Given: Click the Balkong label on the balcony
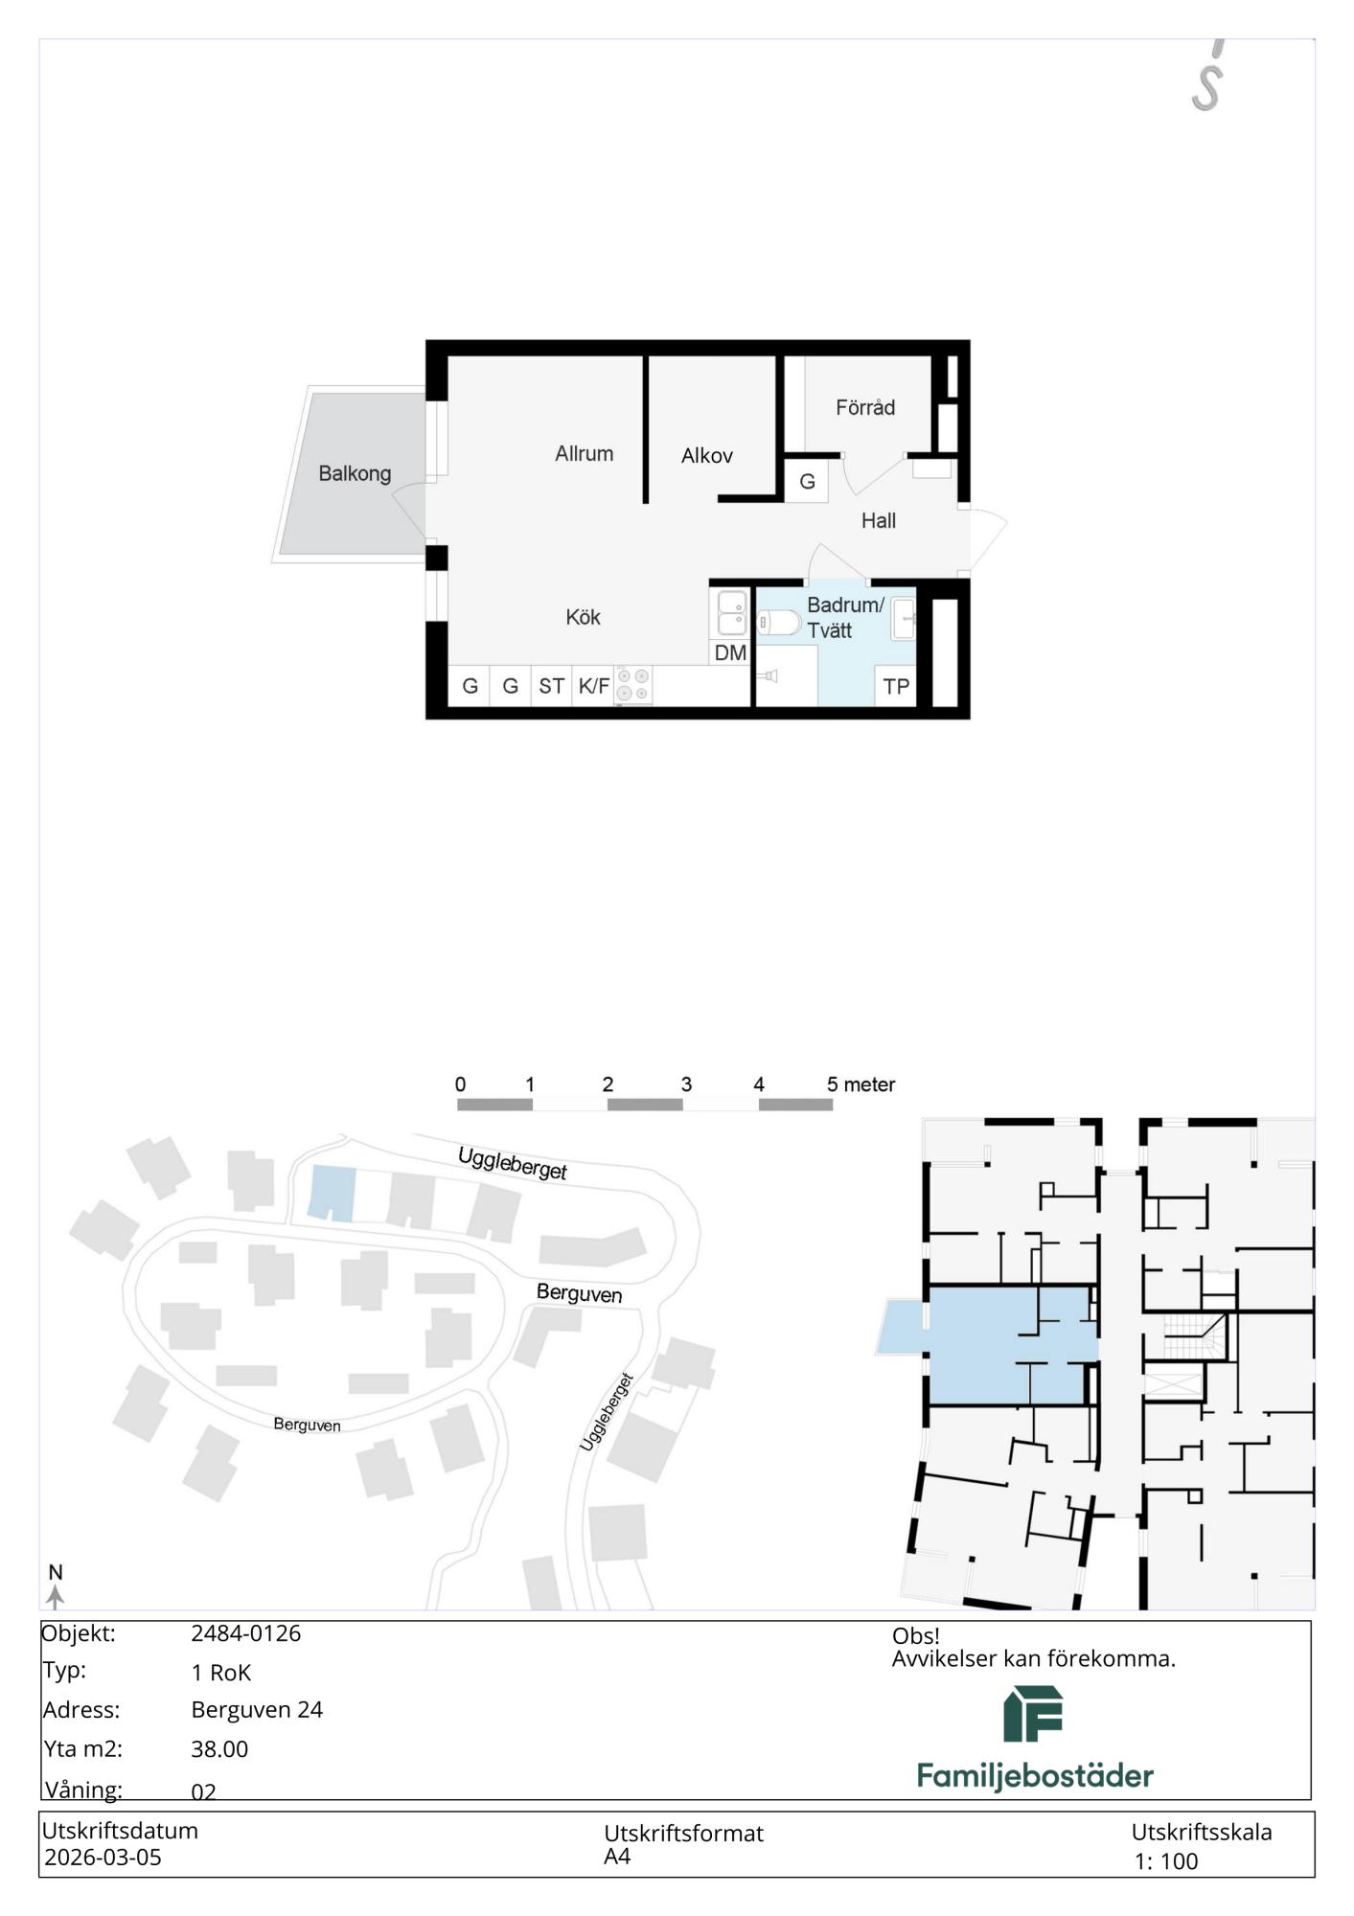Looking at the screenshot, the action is [x=355, y=473].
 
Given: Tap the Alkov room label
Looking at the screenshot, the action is [x=707, y=456].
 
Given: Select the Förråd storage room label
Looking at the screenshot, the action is [x=865, y=407].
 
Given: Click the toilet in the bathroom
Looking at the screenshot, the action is [x=779, y=624].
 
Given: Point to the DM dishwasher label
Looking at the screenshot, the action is [x=730, y=653].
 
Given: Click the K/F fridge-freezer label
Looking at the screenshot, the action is [x=594, y=686].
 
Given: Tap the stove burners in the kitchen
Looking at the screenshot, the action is [x=633, y=685].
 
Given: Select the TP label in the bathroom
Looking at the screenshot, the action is [x=897, y=686].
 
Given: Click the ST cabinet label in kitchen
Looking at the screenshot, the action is [x=551, y=686].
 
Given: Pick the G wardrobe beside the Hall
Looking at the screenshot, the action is [x=808, y=481].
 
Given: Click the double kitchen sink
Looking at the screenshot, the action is [x=732, y=613].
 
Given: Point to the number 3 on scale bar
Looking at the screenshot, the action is [x=686, y=1084].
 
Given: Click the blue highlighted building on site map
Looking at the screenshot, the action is [x=332, y=1194].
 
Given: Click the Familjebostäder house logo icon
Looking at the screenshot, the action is [x=1033, y=1714].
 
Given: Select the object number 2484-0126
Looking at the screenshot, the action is [x=246, y=1633].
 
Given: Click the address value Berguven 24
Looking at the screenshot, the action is [x=257, y=1710].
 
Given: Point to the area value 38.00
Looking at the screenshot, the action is [x=219, y=1749].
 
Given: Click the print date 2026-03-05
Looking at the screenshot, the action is [x=103, y=1858].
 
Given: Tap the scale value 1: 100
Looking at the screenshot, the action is [x=1166, y=1861].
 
